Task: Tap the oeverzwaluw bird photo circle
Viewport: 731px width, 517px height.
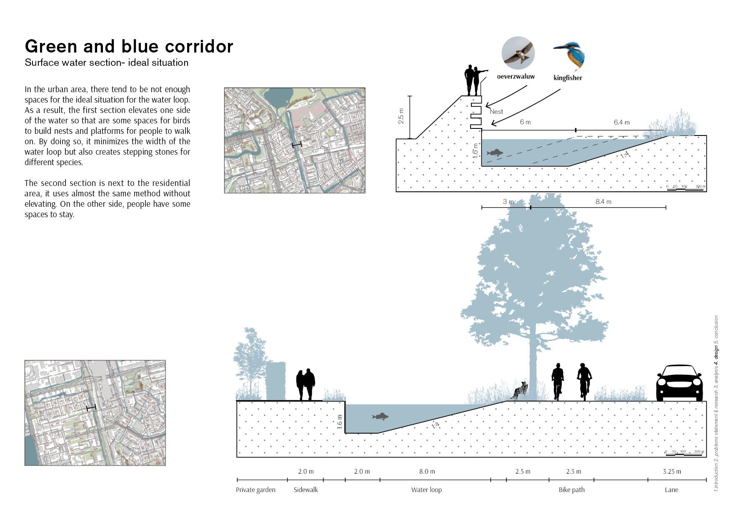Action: (x=518, y=53)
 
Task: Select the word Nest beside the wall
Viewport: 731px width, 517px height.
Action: (x=496, y=112)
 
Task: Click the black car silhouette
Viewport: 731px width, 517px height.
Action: (x=679, y=383)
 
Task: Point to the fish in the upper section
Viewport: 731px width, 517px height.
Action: (x=495, y=153)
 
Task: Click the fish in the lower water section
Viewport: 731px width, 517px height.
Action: (x=380, y=417)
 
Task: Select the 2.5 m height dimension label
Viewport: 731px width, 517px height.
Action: (x=401, y=116)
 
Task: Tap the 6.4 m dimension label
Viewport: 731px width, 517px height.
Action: (x=621, y=123)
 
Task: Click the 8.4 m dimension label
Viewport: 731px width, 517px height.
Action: (x=603, y=202)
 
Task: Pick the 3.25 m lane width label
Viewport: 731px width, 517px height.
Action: (x=672, y=472)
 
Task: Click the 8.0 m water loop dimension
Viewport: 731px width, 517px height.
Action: (x=427, y=472)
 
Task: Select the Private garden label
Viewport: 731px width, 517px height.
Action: (x=255, y=490)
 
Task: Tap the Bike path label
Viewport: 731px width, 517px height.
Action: (x=571, y=490)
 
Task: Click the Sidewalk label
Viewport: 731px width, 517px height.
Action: (x=305, y=490)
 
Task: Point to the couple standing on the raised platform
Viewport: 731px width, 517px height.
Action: (x=473, y=80)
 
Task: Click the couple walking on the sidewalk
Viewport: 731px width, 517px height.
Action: (x=305, y=384)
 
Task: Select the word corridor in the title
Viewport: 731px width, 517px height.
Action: (x=199, y=47)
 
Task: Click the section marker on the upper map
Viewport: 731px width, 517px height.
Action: (x=296, y=145)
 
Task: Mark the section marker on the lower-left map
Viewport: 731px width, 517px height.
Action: (x=91, y=408)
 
